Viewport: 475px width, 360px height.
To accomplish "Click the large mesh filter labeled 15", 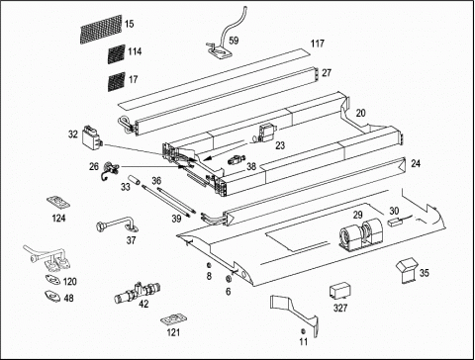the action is pyautogui.click(x=101, y=29).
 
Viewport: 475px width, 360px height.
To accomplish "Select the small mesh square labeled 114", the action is pyautogui.click(x=117, y=53).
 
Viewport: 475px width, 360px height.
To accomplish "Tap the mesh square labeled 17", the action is pyautogui.click(x=117, y=81).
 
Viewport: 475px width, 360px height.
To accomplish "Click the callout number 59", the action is pyautogui.click(x=234, y=41).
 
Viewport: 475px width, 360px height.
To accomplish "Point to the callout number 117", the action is pyautogui.click(x=318, y=44).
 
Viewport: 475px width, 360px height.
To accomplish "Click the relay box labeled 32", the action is pyautogui.click(x=92, y=138).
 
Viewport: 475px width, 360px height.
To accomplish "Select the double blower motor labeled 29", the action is pyautogui.click(x=360, y=233).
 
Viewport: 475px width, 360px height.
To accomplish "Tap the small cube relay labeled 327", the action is pyautogui.click(x=340, y=291).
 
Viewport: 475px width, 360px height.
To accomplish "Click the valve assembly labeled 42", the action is pyautogui.click(x=137, y=292).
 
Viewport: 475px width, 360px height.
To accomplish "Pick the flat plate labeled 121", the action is pyautogui.click(x=173, y=319).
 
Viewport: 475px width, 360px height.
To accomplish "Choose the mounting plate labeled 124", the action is pyautogui.click(x=58, y=202).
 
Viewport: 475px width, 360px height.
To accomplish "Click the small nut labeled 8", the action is pyautogui.click(x=209, y=265).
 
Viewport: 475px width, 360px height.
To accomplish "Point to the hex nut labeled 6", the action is pyautogui.click(x=228, y=279).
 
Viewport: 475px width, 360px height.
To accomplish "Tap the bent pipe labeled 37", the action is pyautogui.click(x=118, y=225).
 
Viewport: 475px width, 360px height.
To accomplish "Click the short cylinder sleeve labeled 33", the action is pyautogui.click(x=134, y=180).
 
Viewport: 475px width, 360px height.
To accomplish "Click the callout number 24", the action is pyautogui.click(x=416, y=163).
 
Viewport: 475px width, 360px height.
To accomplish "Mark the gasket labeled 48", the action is pyautogui.click(x=51, y=296).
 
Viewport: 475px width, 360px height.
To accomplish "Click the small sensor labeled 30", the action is pyautogui.click(x=395, y=222).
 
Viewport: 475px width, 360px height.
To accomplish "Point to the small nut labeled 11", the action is pyautogui.click(x=303, y=331).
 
